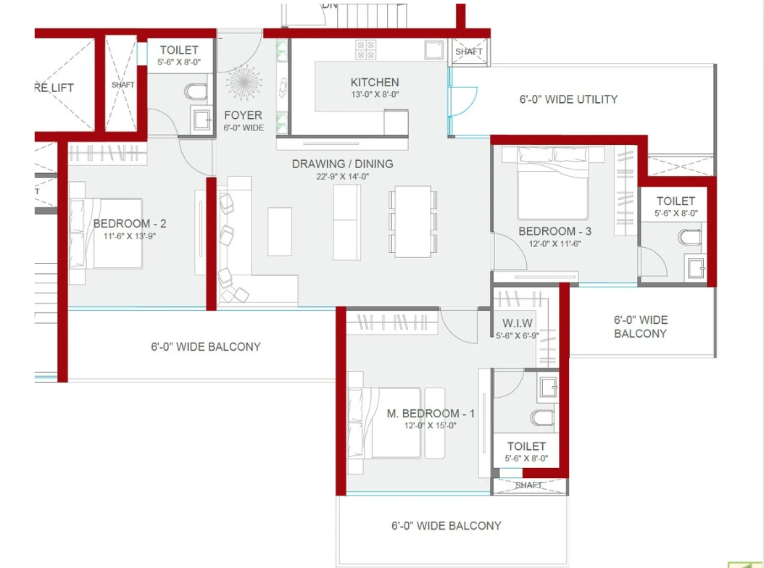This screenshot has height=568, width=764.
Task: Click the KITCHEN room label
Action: pyautogui.click(x=374, y=83)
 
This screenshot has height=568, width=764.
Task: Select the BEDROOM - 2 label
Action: pyautogui.click(x=130, y=224)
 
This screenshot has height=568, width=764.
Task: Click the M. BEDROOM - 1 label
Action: pyautogui.click(x=431, y=414)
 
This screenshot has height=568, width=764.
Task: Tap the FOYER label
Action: pyautogui.click(x=243, y=115)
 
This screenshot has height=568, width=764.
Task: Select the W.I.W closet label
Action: pyautogui.click(x=518, y=323)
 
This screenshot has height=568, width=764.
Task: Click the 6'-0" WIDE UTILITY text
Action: pyautogui.click(x=568, y=99)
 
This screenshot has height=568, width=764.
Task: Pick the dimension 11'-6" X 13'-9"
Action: pyautogui.click(x=130, y=235)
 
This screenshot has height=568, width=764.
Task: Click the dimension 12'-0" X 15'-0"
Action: pyautogui.click(x=431, y=426)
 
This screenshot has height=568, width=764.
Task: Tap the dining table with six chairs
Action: pyautogui.click(x=413, y=222)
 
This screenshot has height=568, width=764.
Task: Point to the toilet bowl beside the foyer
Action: pyautogui.click(x=196, y=91)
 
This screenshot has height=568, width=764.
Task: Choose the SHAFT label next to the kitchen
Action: pyautogui.click(x=469, y=51)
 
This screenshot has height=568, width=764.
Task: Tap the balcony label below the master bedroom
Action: pyautogui.click(x=446, y=525)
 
